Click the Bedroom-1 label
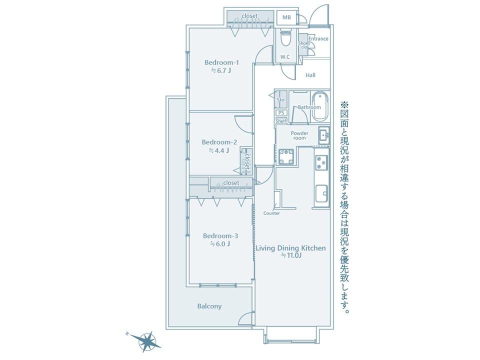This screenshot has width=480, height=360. pos(221,62)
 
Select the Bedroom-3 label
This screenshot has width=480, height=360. pos(220,236)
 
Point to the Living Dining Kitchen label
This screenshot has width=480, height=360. pos(291,248)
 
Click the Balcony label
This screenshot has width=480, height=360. pos(209,306)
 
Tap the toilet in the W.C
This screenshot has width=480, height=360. pos(285,38)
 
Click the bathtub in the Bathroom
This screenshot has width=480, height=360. pos(320,106)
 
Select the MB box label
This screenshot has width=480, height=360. pos(286,17)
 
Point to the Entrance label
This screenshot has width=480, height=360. pos(318,38)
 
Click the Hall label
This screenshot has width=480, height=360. pos(310,75)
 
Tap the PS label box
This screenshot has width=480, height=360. pos(281,112)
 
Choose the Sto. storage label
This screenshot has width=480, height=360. pos(281,100)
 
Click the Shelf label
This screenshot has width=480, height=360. pos(281,121)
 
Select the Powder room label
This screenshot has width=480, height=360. pos(299,135)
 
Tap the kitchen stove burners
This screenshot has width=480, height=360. pos(321,163)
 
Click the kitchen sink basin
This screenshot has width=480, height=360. pos(321,193)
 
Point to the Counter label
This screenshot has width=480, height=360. pos(271,213)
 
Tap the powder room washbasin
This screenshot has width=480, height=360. pos(324,134)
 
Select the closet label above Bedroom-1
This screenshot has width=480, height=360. pos(250,15)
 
